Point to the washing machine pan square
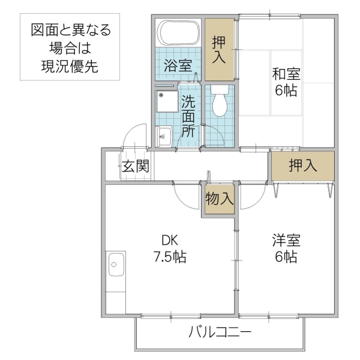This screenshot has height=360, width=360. point(165,106)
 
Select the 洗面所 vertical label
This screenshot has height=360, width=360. point(188,116)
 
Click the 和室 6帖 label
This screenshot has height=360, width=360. point(286,82)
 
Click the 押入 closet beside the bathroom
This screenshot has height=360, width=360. point(220,50)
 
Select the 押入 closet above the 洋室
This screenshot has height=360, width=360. point(302,166)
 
